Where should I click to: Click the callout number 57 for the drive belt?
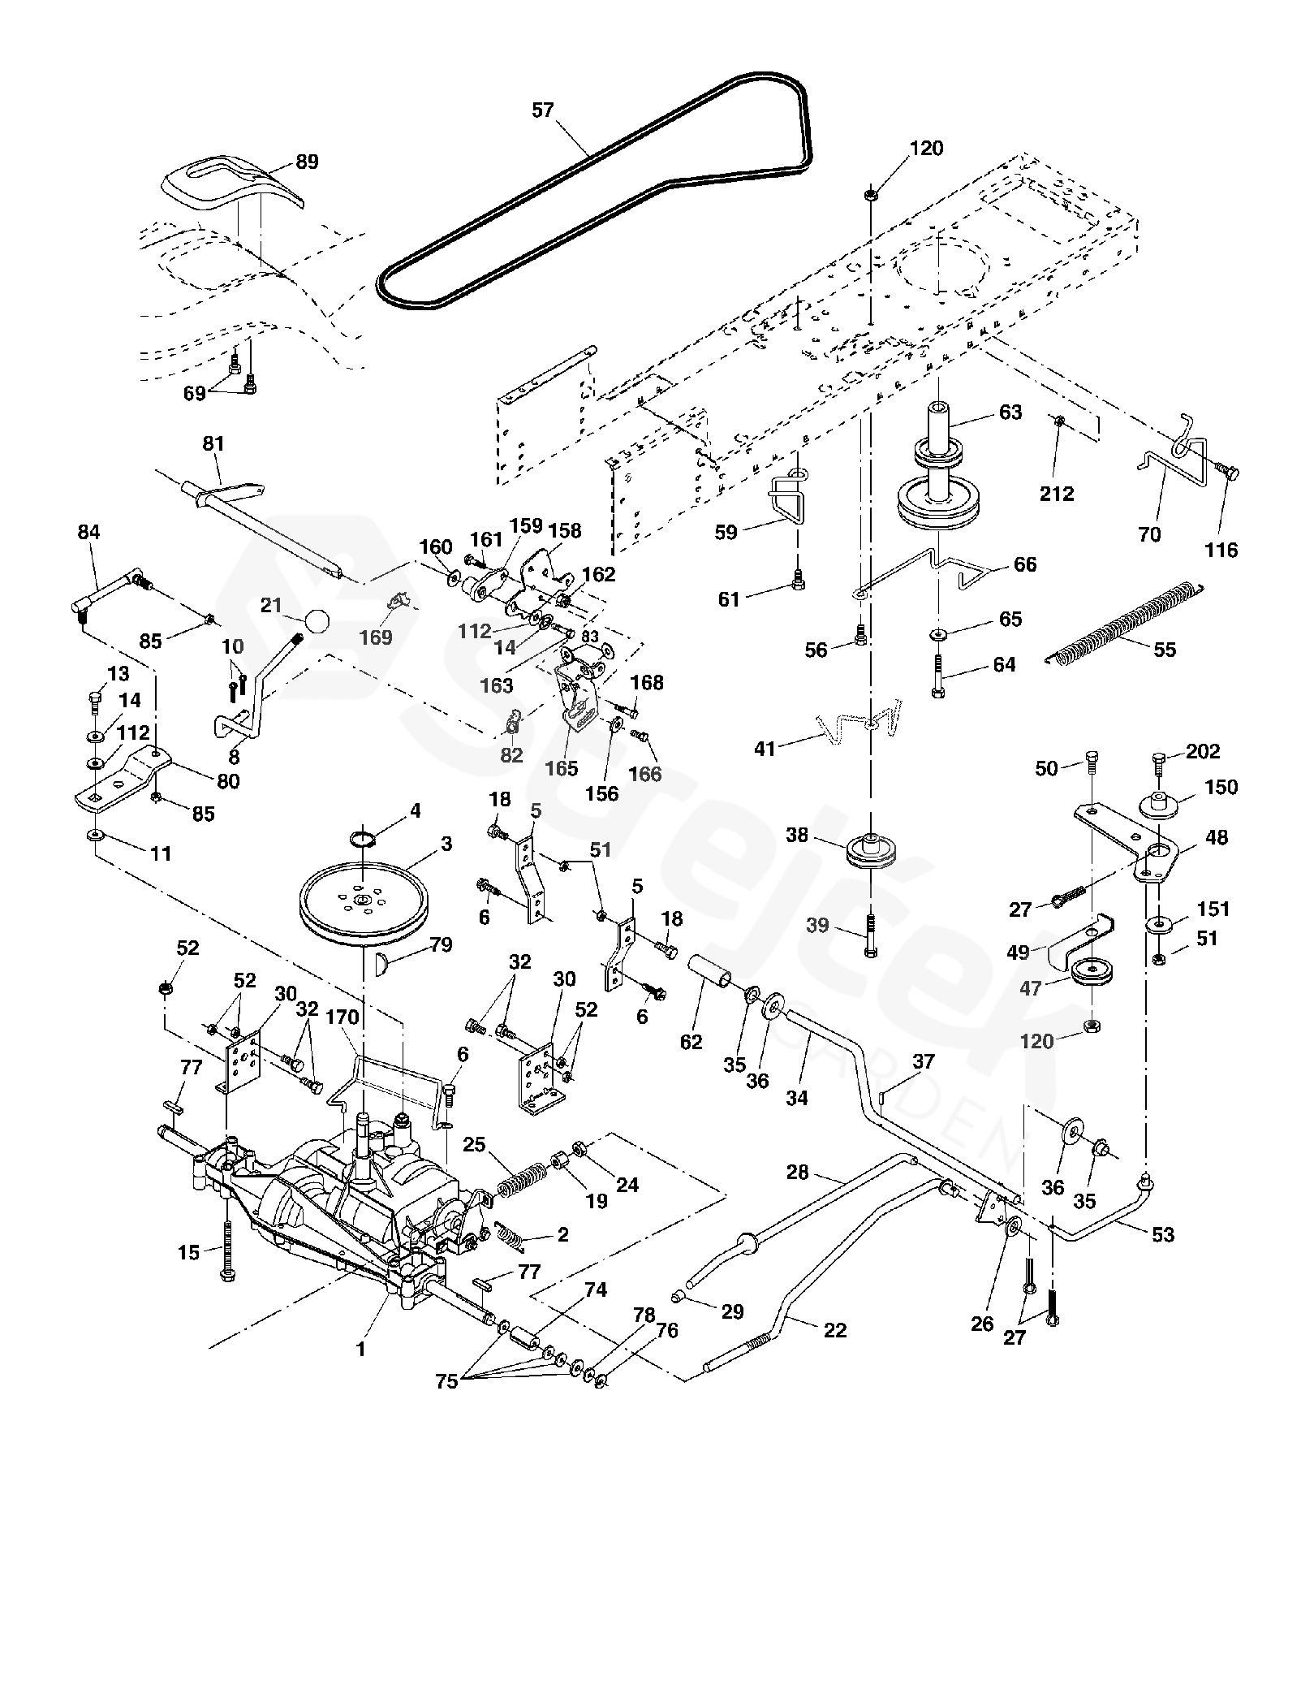pyautogui.click(x=543, y=110)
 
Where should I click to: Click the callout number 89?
pyautogui.click(x=307, y=162)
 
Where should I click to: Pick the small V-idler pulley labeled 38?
pyautogui.click(x=869, y=853)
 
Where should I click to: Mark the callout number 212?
pyautogui.click(x=1057, y=493)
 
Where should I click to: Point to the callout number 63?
pyautogui.click(x=1010, y=412)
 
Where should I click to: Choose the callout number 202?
pyautogui.click(x=1203, y=751)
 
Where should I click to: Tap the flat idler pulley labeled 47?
pyautogui.click(x=1091, y=972)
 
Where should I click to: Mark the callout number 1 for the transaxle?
pyautogui.click(x=361, y=1350)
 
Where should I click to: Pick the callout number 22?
pyautogui.click(x=835, y=1330)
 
